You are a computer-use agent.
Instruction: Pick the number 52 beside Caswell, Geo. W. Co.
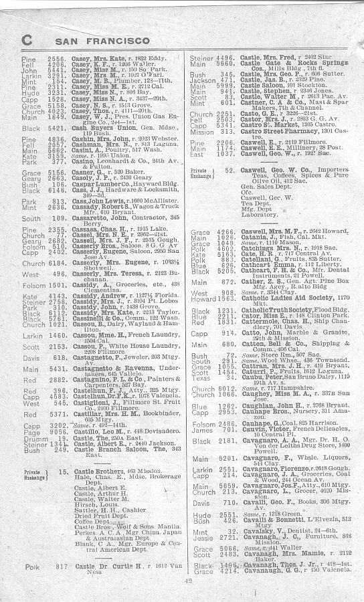coord(231,171)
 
